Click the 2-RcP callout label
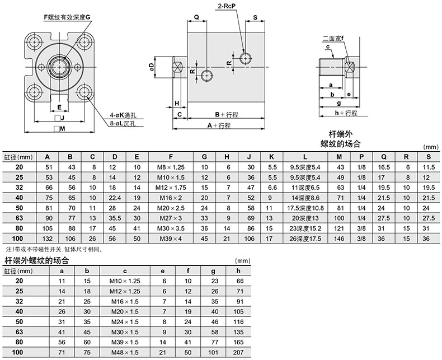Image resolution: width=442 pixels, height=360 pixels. click(227, 6)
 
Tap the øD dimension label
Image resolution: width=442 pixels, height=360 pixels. click(152, 67)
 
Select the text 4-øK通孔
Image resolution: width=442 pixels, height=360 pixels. click(123, 115)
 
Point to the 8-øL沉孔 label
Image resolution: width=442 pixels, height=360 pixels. click(123, 123)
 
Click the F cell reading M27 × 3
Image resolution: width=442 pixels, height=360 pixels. click(171, 218)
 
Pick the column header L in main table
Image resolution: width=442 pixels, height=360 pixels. click(305, 157)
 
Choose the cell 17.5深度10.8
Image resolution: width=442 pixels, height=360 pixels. click(305, 208)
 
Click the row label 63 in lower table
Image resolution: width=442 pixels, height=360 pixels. click(19, 332)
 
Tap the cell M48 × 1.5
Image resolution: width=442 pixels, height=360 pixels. click(125, 352)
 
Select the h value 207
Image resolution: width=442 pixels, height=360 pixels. click(238, 352)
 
